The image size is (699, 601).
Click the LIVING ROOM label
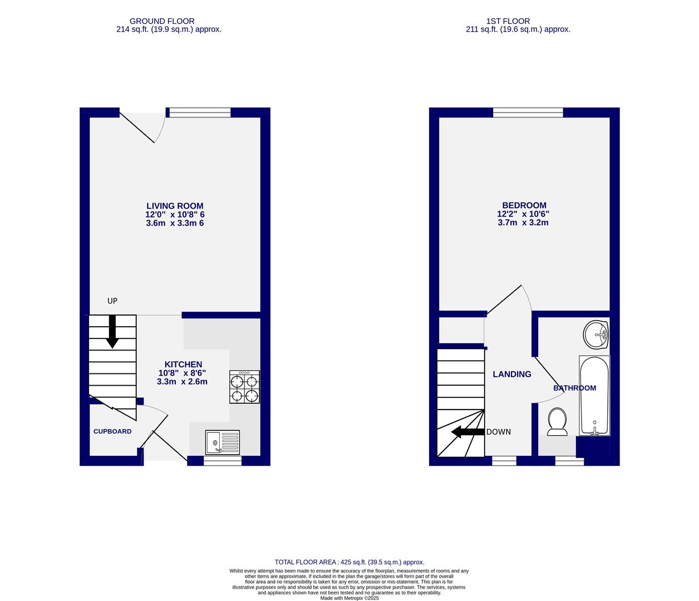point(175,206)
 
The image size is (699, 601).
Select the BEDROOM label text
point(524,205)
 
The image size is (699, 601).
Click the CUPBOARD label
point(112,431)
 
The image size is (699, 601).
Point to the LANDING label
point(511,374)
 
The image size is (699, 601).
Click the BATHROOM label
point(574,388)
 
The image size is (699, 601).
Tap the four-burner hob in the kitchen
point(244,387)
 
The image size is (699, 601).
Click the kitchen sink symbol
point(222,443)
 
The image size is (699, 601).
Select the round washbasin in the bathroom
point(596,334)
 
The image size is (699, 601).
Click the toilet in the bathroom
point(557,421)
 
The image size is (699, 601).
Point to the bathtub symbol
point(594,396)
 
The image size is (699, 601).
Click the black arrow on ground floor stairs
point(112,331)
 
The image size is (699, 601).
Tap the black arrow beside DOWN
point(467,432)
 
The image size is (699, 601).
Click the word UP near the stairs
point(112,301)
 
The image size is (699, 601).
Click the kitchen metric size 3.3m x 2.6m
point(182,382)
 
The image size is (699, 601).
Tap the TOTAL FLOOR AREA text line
point(349,562)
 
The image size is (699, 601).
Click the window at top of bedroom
point(528,112)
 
